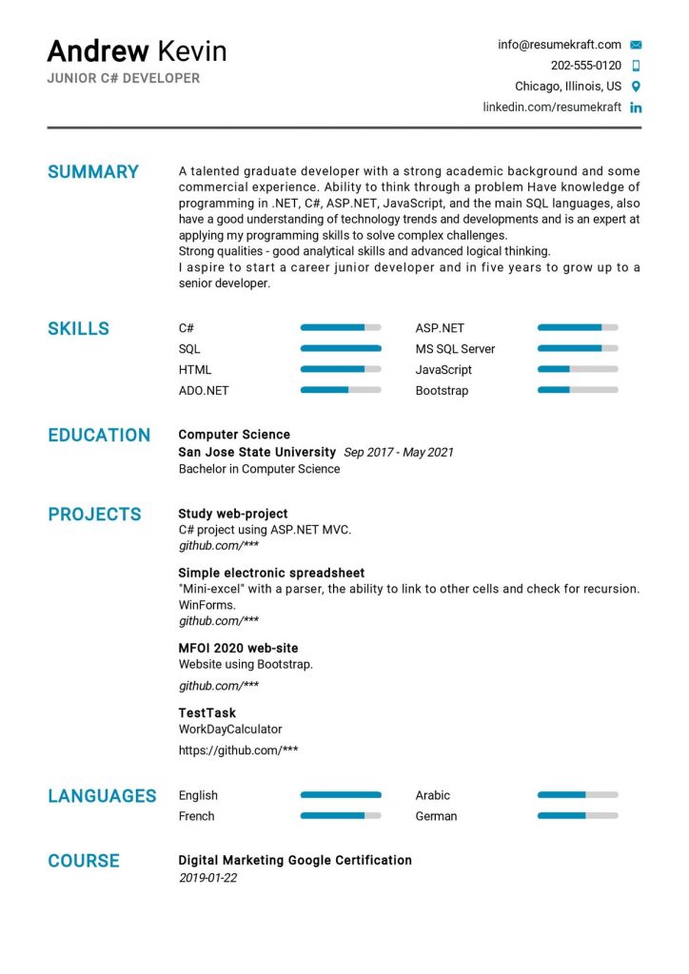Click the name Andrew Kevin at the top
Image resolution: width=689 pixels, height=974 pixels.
[137, 50]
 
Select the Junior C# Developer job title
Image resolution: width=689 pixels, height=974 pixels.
[124, 78]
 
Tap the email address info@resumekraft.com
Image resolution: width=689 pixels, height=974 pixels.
[559, 45]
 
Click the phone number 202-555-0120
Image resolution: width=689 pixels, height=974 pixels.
[585, 66]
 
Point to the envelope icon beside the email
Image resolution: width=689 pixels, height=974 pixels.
[636, 45]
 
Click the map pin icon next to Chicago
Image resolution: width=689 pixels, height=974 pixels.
[636, 87]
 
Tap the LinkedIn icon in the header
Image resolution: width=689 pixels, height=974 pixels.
[636, 107]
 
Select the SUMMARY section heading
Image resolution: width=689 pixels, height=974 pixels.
[93, 172]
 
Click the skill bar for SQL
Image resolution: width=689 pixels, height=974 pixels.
[340, 349]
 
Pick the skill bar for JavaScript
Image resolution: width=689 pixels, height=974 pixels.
[577, 370]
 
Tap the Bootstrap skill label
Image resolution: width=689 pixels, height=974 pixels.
[442, 391]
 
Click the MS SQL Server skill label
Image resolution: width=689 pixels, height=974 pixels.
[455, 349]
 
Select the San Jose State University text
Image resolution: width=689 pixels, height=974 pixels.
[257, 452]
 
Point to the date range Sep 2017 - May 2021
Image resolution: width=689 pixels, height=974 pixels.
[398, 452]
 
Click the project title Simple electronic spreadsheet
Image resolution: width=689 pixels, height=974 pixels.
[271, 573]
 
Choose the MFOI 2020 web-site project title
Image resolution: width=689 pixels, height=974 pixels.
[238, 648]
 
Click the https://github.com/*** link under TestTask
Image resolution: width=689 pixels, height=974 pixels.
[238, 750]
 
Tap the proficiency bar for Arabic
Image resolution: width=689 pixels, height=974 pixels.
[577, 795]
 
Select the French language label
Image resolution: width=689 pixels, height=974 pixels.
[196, 816]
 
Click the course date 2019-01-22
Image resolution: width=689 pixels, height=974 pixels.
[207, 878]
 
